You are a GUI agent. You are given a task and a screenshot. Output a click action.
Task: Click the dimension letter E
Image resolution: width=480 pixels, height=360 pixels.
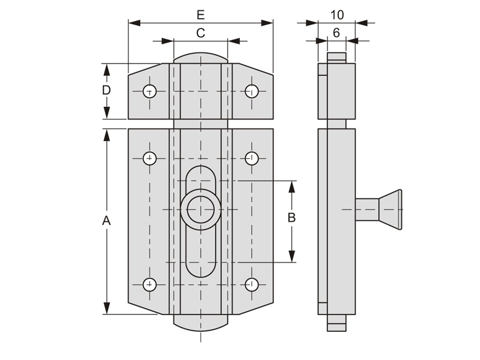(x=200, y=14)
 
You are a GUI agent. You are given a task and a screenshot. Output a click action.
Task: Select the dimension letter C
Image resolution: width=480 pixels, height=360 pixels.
(x=200, y=33)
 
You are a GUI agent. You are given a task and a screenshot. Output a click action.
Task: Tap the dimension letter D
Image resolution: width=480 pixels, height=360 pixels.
(x=106, y=91)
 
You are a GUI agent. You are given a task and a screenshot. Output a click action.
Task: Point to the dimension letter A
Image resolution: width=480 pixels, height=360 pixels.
(x=106, y=220)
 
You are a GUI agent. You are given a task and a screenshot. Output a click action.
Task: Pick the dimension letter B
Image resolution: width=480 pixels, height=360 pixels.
(x=292, y=218)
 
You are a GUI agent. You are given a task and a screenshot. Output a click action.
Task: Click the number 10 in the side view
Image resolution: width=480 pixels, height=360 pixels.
(x=337, y=14)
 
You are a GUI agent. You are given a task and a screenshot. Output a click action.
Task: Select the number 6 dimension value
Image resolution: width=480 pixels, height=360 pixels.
(x=337, y=33)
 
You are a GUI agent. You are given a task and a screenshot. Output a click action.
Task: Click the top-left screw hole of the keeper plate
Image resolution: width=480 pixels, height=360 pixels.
(x=149, y=91)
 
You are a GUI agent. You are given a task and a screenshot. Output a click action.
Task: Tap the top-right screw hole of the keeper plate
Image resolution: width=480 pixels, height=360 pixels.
(x=252, y=91)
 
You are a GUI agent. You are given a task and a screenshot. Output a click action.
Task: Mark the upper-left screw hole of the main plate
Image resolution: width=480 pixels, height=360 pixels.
(x=149, y=158)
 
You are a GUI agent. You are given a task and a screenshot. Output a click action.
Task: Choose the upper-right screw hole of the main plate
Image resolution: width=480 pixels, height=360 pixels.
(x=252, y=158)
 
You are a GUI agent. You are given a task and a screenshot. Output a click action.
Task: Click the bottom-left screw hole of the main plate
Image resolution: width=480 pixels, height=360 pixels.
(x=149, y=284)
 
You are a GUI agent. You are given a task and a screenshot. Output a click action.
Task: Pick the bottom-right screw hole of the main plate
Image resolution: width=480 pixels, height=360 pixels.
(x=252, y=284)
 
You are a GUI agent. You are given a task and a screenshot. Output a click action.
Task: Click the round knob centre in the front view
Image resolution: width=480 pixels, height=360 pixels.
(x=200, y=209)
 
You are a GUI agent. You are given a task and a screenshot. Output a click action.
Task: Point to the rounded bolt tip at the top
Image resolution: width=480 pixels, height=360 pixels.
(x=200, y=57)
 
